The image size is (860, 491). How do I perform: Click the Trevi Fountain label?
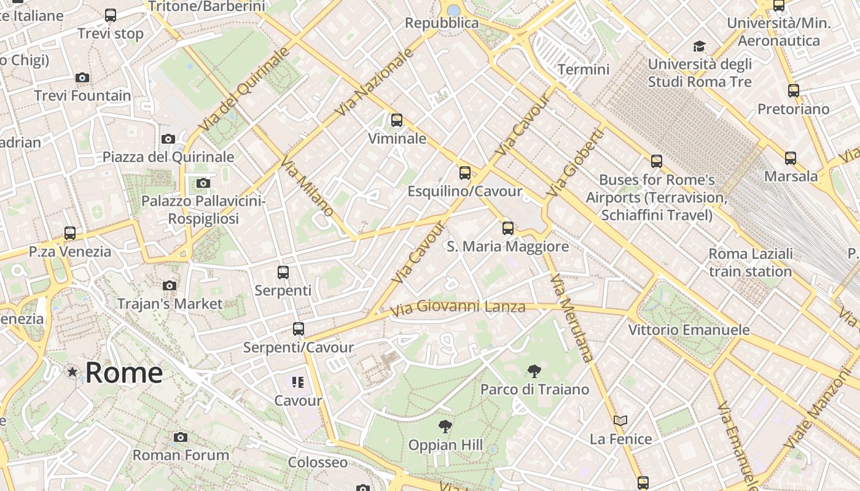click(82, 96)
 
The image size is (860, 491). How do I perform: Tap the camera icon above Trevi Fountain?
click(82, 77)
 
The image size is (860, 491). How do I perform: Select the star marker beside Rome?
click(72, 371)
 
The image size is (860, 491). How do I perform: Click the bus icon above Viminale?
click(397, 120)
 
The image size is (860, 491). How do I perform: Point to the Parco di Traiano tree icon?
click(534, 371)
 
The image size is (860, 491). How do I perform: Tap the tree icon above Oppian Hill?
click(445, 427)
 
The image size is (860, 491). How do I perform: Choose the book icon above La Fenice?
click(620, 421)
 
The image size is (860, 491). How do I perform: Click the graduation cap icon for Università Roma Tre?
click(699, 47)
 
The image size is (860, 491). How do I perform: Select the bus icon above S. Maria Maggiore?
click(507, 228)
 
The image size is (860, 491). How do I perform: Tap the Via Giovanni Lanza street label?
click(458, 306)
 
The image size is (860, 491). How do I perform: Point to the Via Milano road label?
click(307, 187)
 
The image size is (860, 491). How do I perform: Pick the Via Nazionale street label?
click(375, 82)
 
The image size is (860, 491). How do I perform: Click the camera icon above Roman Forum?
click(180, 437)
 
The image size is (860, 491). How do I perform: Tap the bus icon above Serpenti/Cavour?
click(299, 329)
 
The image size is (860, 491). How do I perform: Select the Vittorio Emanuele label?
click(689, 330)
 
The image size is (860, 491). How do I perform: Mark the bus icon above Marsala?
click(791, 158)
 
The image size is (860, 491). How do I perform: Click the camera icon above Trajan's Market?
click(170, 285)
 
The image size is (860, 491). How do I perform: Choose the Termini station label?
click(584, 69)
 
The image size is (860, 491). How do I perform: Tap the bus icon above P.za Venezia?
click(70, 233)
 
